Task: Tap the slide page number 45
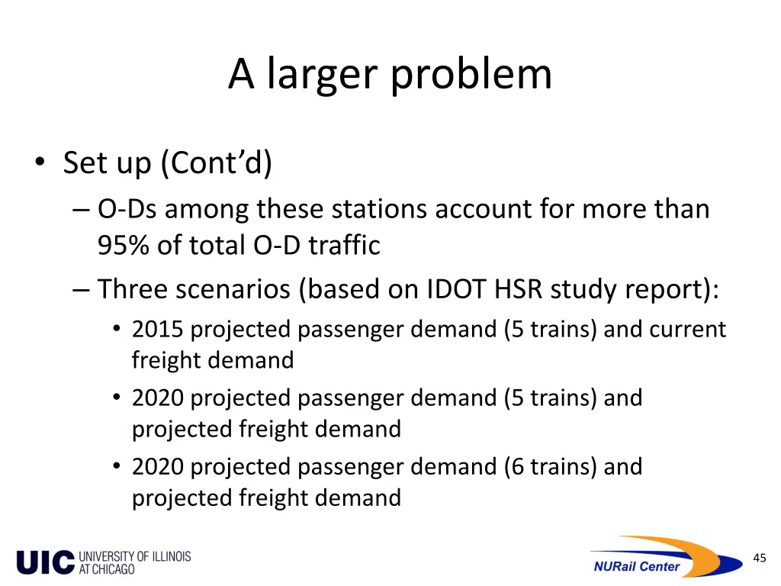(x=759, y=558)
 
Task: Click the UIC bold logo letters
(x=46, y=562)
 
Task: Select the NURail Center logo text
(x=636, y=566)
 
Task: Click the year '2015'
(x=158, y=330)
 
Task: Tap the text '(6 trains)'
(x=550, y=466)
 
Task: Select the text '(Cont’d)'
(x=216, y=163)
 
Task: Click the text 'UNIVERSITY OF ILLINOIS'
(x=135, y=556)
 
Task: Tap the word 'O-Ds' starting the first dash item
(x=127, y=208)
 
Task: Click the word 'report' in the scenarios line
(x=671, y=289)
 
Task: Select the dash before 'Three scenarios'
(x=82, y=290)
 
